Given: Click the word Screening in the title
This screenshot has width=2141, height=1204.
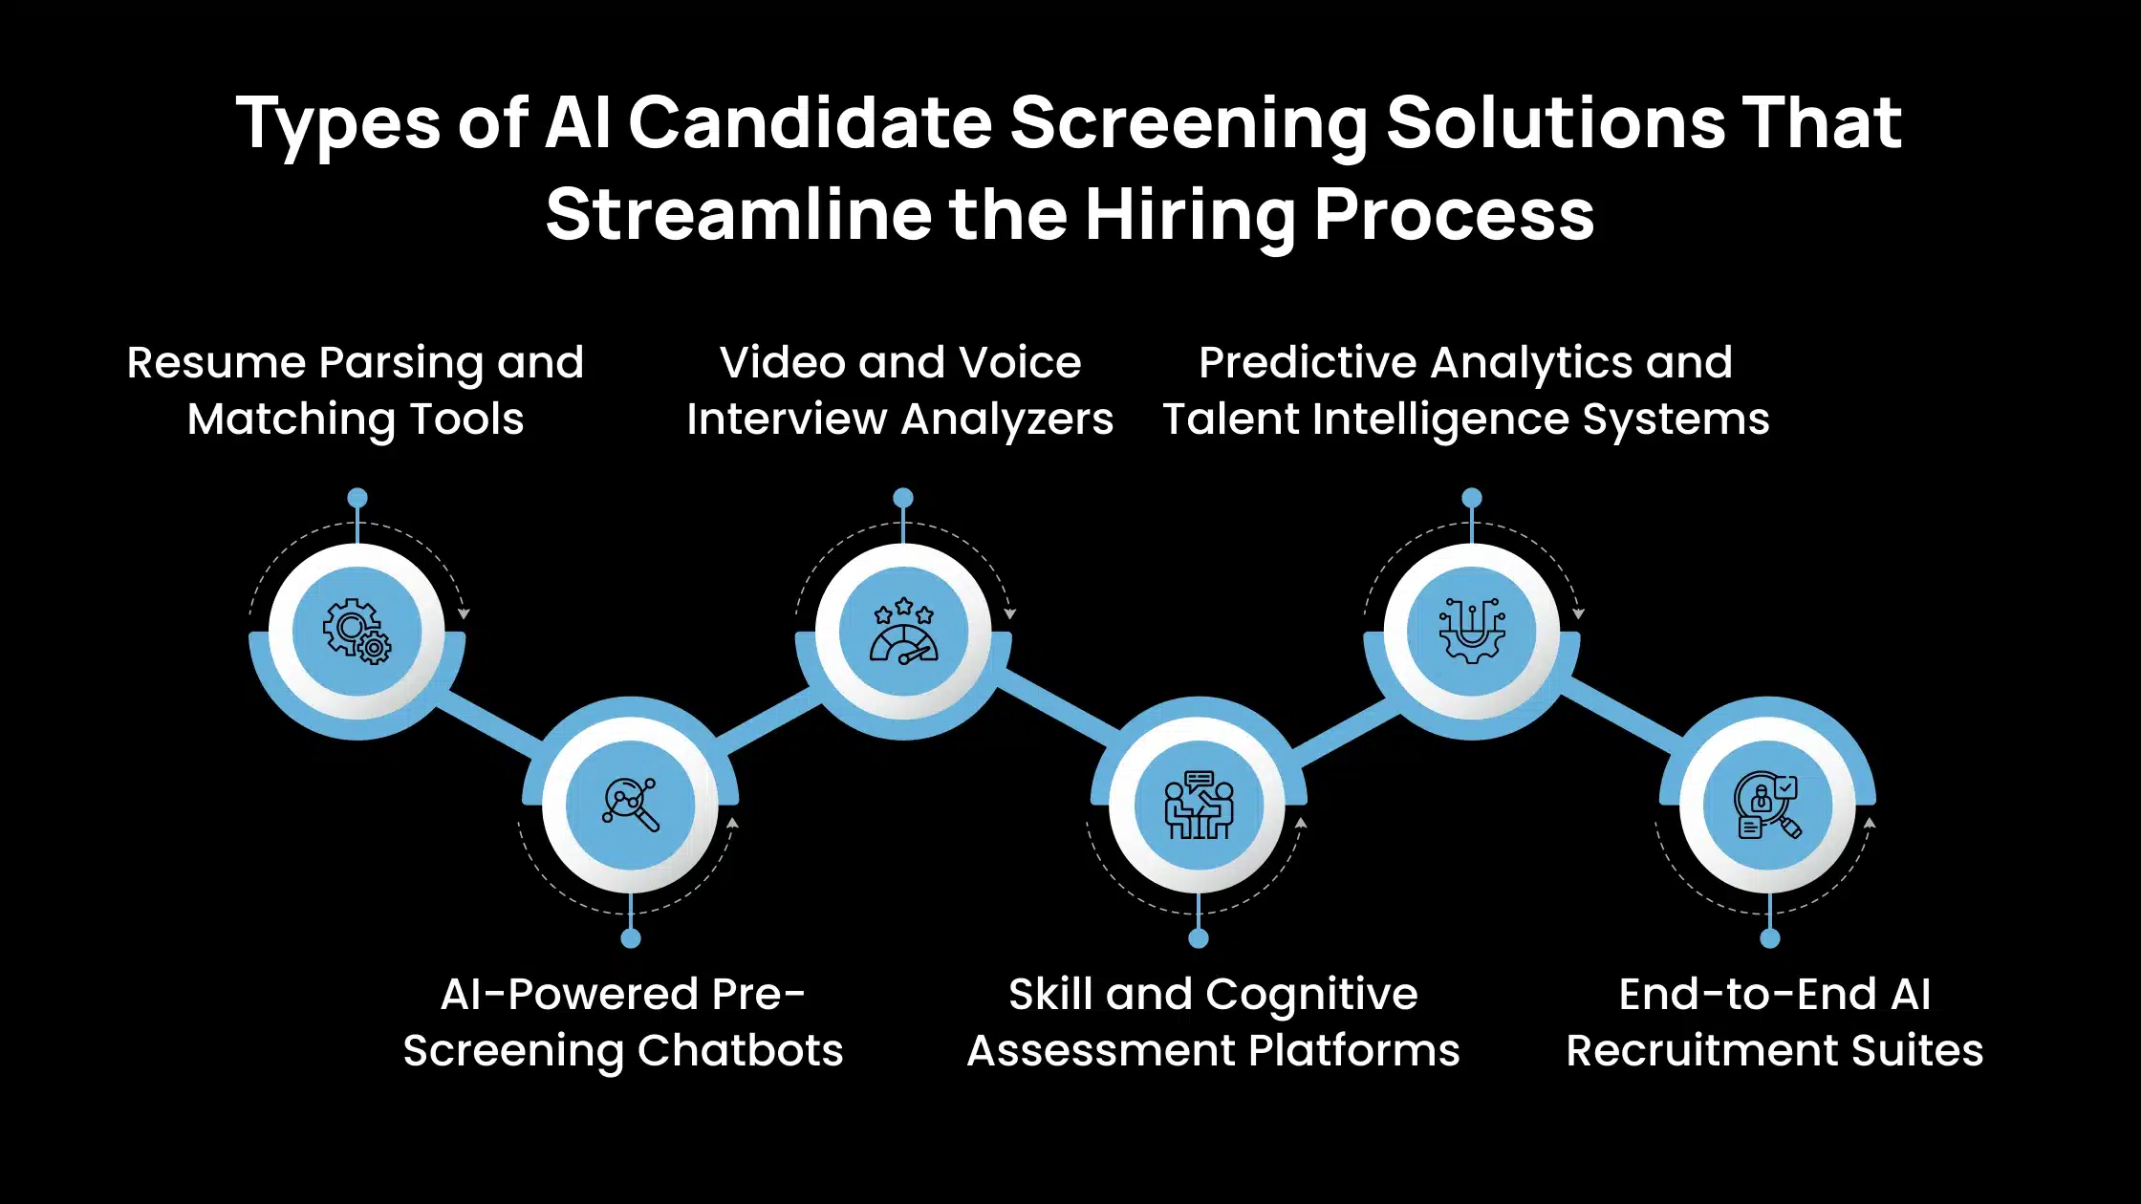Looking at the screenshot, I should click(1188, 124).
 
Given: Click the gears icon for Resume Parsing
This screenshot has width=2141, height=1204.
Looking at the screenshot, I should click(357, 631).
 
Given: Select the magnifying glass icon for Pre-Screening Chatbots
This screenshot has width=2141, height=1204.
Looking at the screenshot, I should click(631, 805).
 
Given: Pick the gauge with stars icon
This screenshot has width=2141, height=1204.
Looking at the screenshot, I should click(903, 631).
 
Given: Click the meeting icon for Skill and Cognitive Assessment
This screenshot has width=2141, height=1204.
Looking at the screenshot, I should click(1199, 805).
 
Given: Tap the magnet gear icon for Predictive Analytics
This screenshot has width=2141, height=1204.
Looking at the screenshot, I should click(1472, 631).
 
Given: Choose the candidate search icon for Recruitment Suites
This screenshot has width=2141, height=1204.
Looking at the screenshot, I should click(1768, 805).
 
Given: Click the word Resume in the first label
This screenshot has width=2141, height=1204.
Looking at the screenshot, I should click(216, 363).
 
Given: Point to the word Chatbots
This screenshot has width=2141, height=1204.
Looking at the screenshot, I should click(740, 1051).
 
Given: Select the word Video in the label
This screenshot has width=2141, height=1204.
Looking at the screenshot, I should click(783, 363).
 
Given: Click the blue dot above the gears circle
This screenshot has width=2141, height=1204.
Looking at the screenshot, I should click(357, 498).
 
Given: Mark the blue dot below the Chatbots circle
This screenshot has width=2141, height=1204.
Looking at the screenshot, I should click(631, 938).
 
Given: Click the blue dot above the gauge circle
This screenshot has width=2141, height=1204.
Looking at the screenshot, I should click(903, 498).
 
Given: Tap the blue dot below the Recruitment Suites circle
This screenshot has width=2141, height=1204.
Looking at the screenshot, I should click(1770, 938).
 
